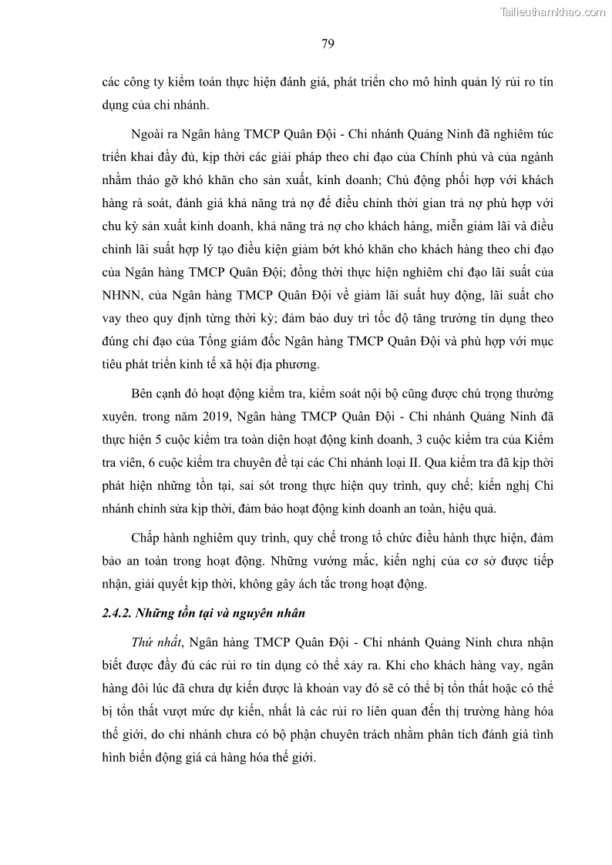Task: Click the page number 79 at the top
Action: pos(327,43)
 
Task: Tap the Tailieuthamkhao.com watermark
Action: pos(553,12)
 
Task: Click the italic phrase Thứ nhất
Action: pos(157,642)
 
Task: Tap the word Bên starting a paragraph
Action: pos(144,394)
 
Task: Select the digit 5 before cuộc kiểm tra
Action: pos(150,440)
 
